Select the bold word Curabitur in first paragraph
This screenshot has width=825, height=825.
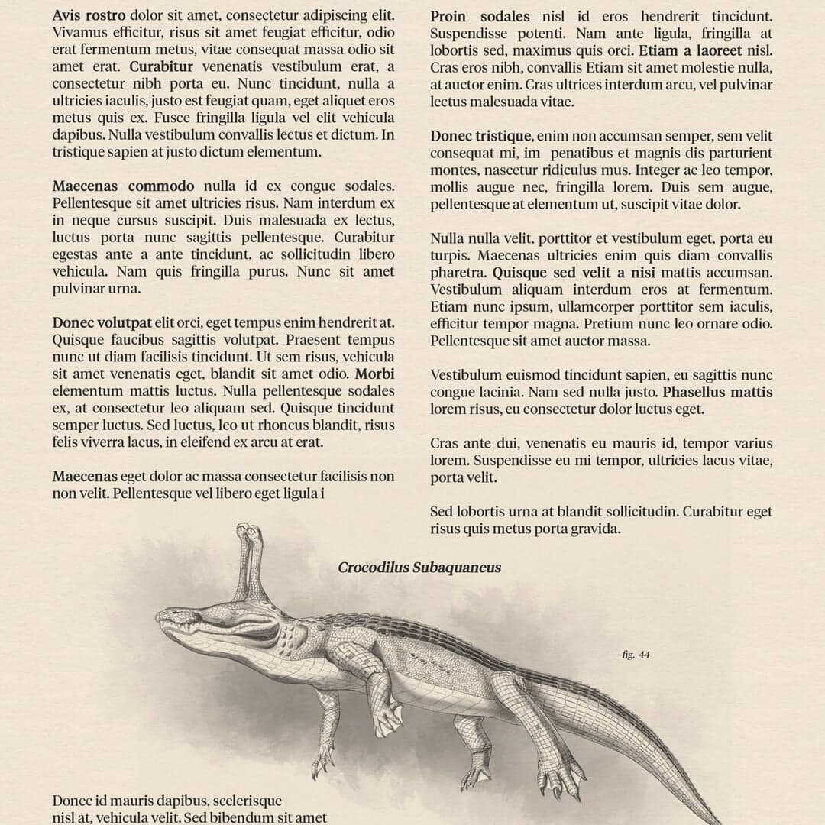pos(160,66)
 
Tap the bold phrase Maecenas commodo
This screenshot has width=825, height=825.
pos(123,186)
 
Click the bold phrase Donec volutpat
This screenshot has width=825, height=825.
pos(102,323)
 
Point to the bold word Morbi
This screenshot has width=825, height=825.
pos(374,374)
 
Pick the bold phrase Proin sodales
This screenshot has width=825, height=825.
pos(480,16)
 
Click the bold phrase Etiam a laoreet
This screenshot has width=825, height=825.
pos(690,51)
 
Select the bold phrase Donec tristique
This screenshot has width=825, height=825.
pos(480,136)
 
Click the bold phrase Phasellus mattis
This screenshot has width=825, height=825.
pos(717,393)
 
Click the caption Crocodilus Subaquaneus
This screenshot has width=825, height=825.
pos(419,568)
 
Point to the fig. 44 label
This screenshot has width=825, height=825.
pos(636,655)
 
